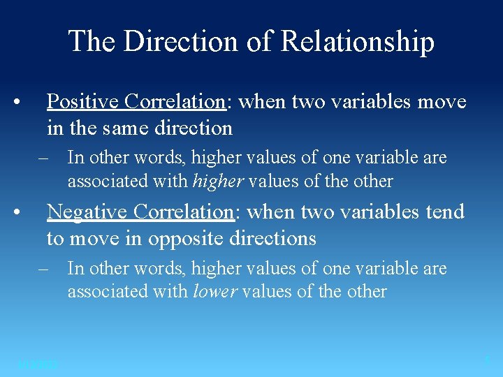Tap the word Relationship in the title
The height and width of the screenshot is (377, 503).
click(x=357, y=42)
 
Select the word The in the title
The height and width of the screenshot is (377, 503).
click(x=92, y=41)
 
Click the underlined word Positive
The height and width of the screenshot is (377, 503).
click(x=84, y=102)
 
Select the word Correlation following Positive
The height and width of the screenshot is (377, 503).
click(x=175, y=102)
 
